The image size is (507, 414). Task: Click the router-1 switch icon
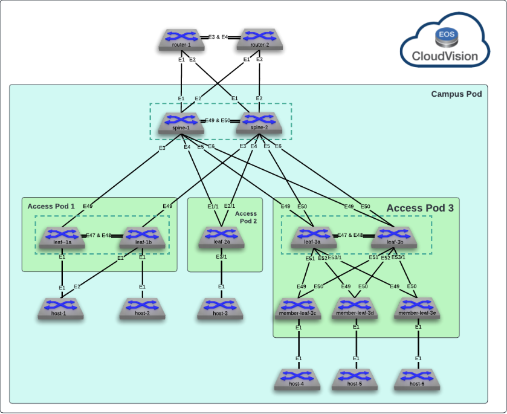[x=182, y=39]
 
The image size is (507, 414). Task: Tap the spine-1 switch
[x=182, y=123]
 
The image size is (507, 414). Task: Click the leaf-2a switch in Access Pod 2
[x=222, y=237]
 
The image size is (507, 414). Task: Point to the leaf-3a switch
[x=313, y=237]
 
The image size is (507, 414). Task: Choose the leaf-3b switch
[x=395, y=237]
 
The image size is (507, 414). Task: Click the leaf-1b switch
[x=143, y=237]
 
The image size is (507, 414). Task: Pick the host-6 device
[x=418, y=378]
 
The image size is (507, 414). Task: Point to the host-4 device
[x=298, y=378]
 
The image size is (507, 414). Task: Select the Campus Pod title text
[x=456, y=94]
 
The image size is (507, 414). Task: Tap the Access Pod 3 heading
[x=419, y=208]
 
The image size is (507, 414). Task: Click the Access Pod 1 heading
[x=51, y=206]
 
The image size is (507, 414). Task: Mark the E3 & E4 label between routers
[x=218, y=37]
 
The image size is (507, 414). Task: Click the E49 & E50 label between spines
[x=218, y=121]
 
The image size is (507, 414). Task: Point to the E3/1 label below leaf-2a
[x=222, y=257]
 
